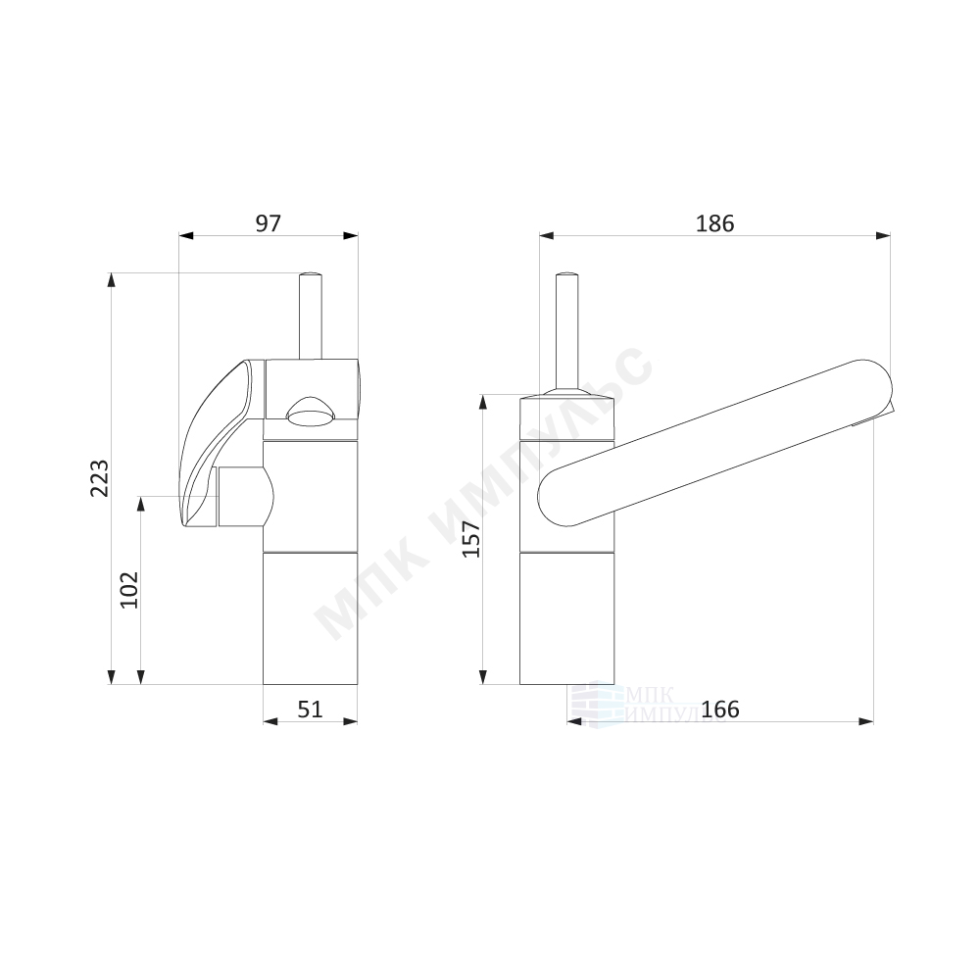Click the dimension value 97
269,222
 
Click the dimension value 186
715,222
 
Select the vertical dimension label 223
99,478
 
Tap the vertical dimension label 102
128,589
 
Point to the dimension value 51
310,709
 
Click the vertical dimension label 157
470,538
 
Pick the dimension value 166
720,709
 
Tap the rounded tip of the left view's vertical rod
311,275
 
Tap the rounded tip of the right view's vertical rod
566,275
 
